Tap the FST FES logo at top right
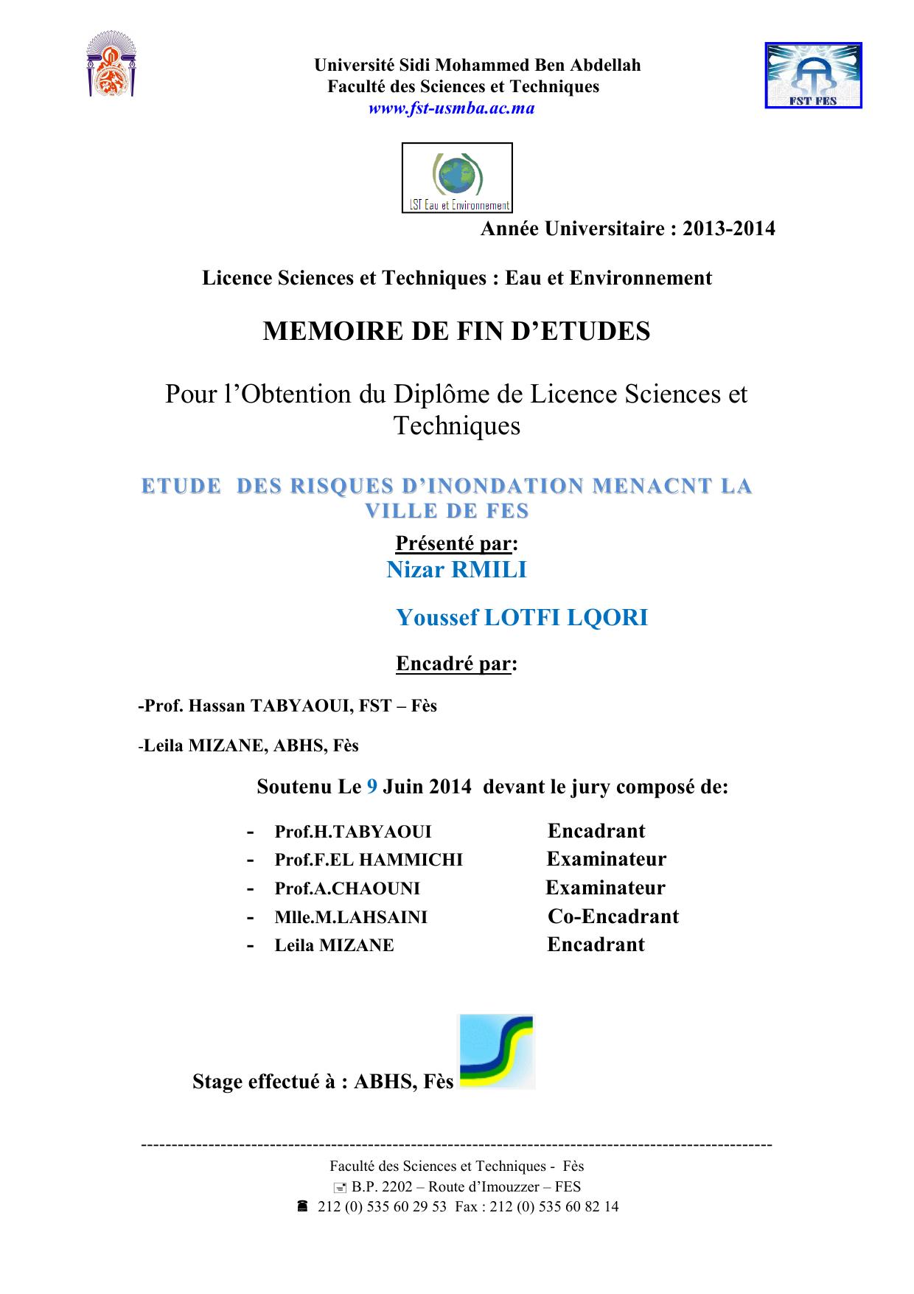[813, 76]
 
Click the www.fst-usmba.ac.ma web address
[451, 108]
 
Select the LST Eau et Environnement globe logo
[457, 178]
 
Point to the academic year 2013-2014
[729, 229]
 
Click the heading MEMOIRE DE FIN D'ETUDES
[456, 332]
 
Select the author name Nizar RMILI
[456, 570]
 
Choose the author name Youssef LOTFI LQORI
[522, 617]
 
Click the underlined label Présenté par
[453, 543]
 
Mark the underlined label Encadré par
[453, 664]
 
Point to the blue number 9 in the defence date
[372, 787]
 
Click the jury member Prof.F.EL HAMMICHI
[369, 860]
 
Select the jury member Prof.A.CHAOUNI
[347, 888]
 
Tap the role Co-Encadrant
[613, 916]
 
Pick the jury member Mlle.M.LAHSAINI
[351, 917]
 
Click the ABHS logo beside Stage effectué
[496, 1052]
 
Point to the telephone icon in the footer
[302, 1207]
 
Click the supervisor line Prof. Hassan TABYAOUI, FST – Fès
[287, 706]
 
